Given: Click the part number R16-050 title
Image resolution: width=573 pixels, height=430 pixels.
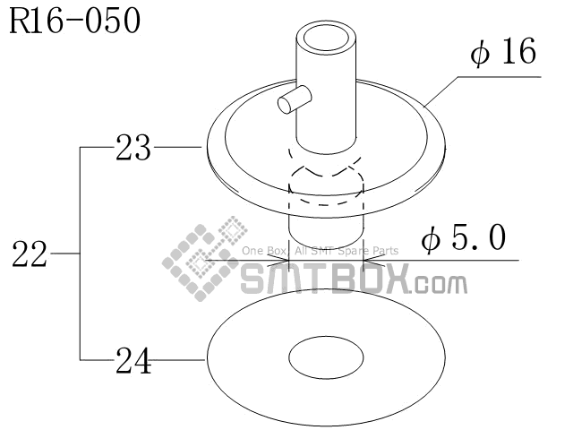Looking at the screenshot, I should (x=75, y=21).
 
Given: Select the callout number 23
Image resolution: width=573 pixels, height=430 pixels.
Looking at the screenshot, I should (x=133, y=146).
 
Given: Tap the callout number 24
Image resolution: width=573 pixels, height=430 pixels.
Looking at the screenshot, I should (x=133, y=361).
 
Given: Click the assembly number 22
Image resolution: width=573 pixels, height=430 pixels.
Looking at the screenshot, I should (x=30, y=254).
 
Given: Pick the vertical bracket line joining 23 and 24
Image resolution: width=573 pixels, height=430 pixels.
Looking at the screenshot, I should (x=81, y=254).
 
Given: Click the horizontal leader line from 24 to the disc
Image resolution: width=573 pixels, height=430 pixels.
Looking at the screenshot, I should (x=179, y=361).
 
